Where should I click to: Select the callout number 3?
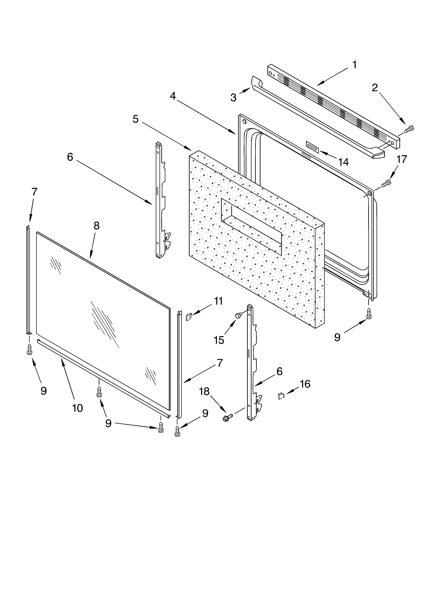pos(233,98)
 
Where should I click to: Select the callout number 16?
pos(305,384)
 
